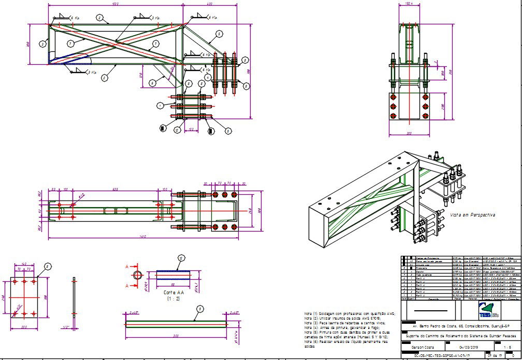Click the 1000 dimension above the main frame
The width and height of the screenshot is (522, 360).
[x=115, y=4]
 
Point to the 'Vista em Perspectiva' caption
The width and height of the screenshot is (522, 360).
[x=472, y=214]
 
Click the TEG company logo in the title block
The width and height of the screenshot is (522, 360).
[x=486, y=310]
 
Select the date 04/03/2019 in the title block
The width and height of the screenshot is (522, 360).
[x=470, y=347]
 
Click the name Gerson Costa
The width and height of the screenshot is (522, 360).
[x=423, y=347]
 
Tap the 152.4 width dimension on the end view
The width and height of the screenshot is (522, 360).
[x=409, y=4]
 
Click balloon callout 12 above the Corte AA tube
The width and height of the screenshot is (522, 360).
[x=181, y=257]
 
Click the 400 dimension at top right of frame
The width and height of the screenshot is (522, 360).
[x=209, y=4]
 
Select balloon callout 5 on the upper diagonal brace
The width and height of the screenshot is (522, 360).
[x=220, y=34]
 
